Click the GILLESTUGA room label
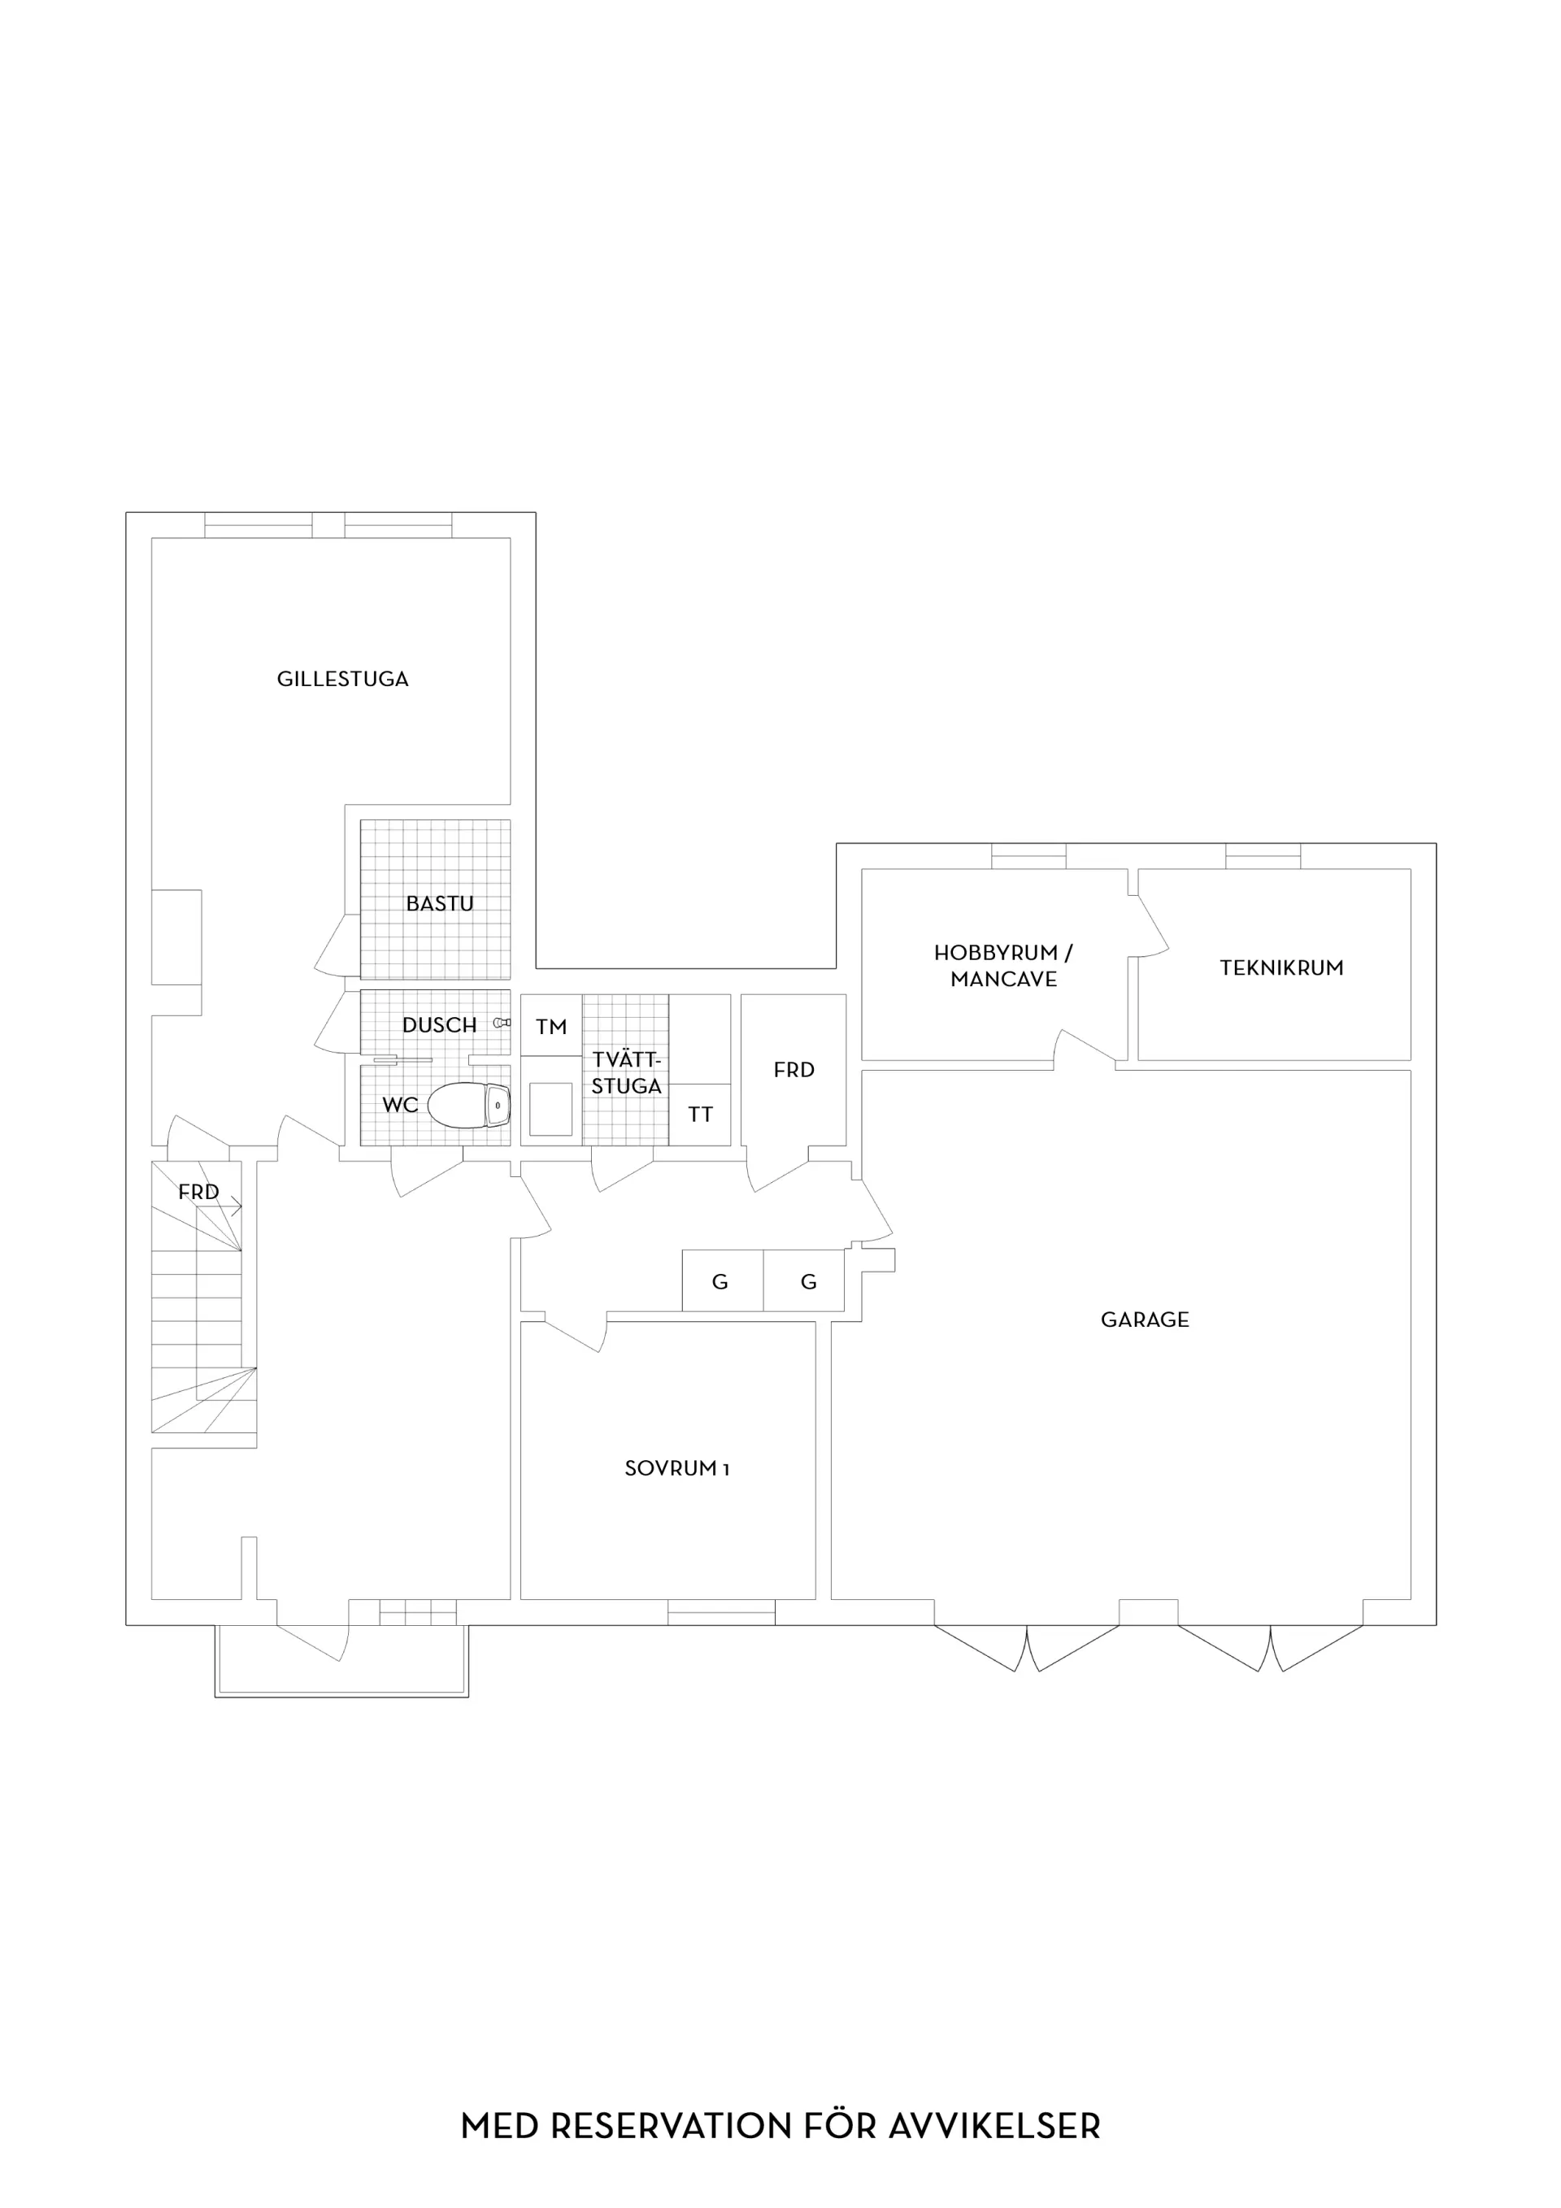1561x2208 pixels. [342, 679]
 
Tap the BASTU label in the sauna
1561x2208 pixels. [440, 904]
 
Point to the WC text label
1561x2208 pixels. [400, 1105]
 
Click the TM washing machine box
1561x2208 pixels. [551, 1025]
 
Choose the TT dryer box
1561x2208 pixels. [699, 1115]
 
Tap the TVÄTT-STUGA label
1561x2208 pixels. [626, 1073]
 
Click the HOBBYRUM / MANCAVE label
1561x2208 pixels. [1003, 966]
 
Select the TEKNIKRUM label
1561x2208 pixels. [1281, 968]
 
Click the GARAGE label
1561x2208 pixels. [1145, 1319]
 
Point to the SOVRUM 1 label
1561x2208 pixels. [677, 1468]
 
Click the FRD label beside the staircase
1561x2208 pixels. [198, 1193]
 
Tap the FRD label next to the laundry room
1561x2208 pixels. [794, 1069]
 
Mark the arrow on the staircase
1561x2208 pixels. [220, 1209]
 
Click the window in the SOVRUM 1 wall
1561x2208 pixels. [721, 1612]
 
